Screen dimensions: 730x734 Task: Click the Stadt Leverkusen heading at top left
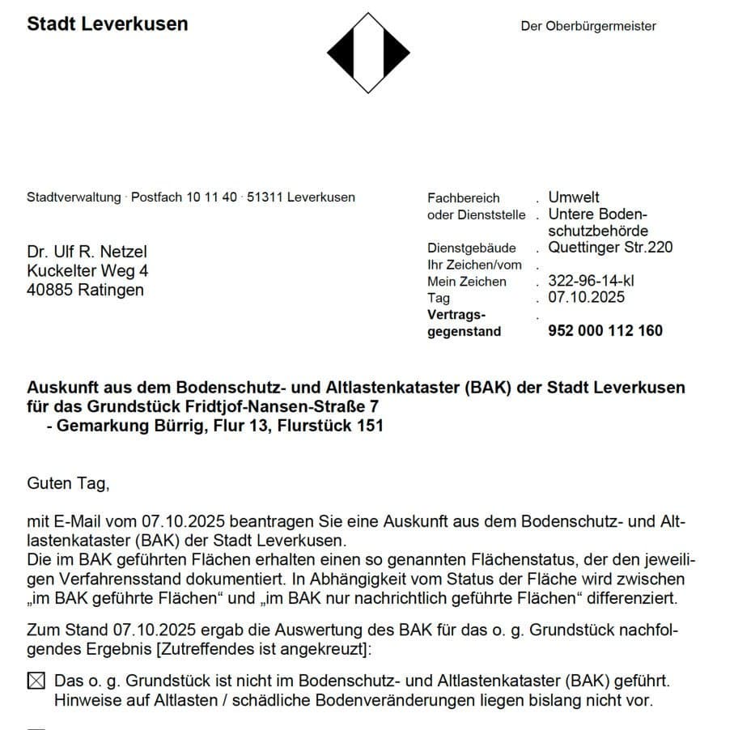coord(108,23)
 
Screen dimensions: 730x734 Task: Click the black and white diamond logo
coord(368,53)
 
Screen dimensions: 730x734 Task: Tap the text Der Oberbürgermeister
coord(588,26)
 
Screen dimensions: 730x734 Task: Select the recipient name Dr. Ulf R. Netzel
coord(87,252)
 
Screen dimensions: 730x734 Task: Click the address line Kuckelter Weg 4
coord(87,271)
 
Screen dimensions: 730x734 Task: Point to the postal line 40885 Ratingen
coord(85,290)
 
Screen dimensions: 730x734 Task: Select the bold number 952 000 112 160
coord(605,330)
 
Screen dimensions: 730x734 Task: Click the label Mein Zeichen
coord(467,282)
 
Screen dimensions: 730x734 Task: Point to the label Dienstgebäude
coord(472,248)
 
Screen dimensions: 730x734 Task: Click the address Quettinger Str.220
coord(610,248)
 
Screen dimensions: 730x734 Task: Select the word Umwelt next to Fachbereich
coord(574,197)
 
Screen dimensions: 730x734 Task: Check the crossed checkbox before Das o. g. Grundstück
coord(36,681)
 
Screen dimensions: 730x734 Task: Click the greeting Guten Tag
coord(68,484)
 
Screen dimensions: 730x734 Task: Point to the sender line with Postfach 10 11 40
coord(191,197)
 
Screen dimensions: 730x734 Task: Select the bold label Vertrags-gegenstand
coord(464,322)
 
